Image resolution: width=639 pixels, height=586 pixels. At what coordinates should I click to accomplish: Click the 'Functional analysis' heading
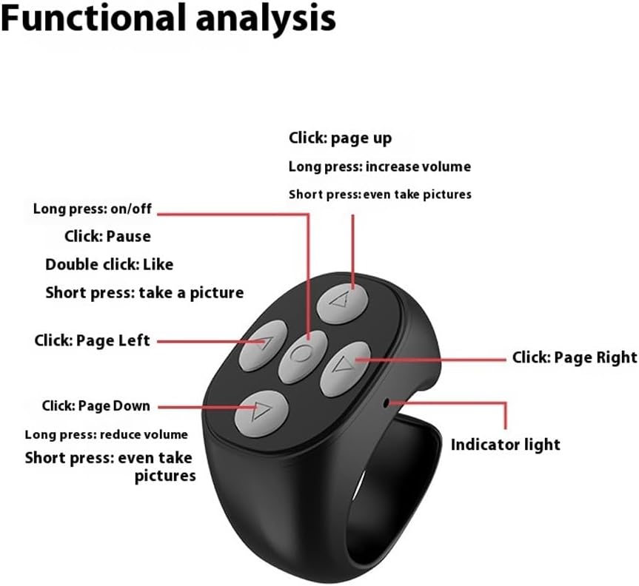(167, 20)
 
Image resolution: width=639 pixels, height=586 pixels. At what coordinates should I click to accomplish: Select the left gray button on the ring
(261, 342)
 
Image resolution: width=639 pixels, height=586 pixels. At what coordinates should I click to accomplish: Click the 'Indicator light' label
(506, 445)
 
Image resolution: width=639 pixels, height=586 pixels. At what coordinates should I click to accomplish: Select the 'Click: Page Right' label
(575, 357)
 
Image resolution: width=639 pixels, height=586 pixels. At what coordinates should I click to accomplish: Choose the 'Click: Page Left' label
(92, 341)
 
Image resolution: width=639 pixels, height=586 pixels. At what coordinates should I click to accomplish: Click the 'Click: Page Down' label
(96, 405)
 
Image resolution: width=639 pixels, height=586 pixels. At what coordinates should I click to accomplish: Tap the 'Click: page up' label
(340, 138)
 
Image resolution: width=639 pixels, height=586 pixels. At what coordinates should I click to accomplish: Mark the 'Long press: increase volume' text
(379, 166)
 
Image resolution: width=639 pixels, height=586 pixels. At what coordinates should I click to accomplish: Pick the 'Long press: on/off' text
(93, 209)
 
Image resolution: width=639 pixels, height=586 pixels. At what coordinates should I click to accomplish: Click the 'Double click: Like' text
(109, 264)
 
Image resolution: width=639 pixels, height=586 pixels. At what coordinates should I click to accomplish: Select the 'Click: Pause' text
(107, 237)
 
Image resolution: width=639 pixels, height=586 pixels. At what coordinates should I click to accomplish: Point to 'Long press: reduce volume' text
(107, 434)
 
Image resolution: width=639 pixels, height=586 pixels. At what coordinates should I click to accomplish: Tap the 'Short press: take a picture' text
(144, 292)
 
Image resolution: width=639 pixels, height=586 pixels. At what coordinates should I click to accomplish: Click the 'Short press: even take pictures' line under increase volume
(380, 195)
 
